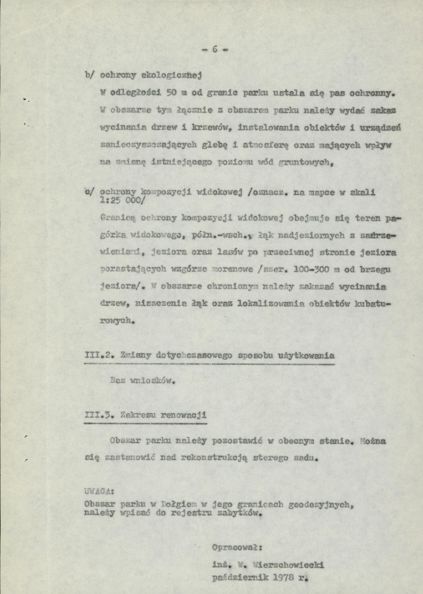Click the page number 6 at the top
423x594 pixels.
coord(215,49)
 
